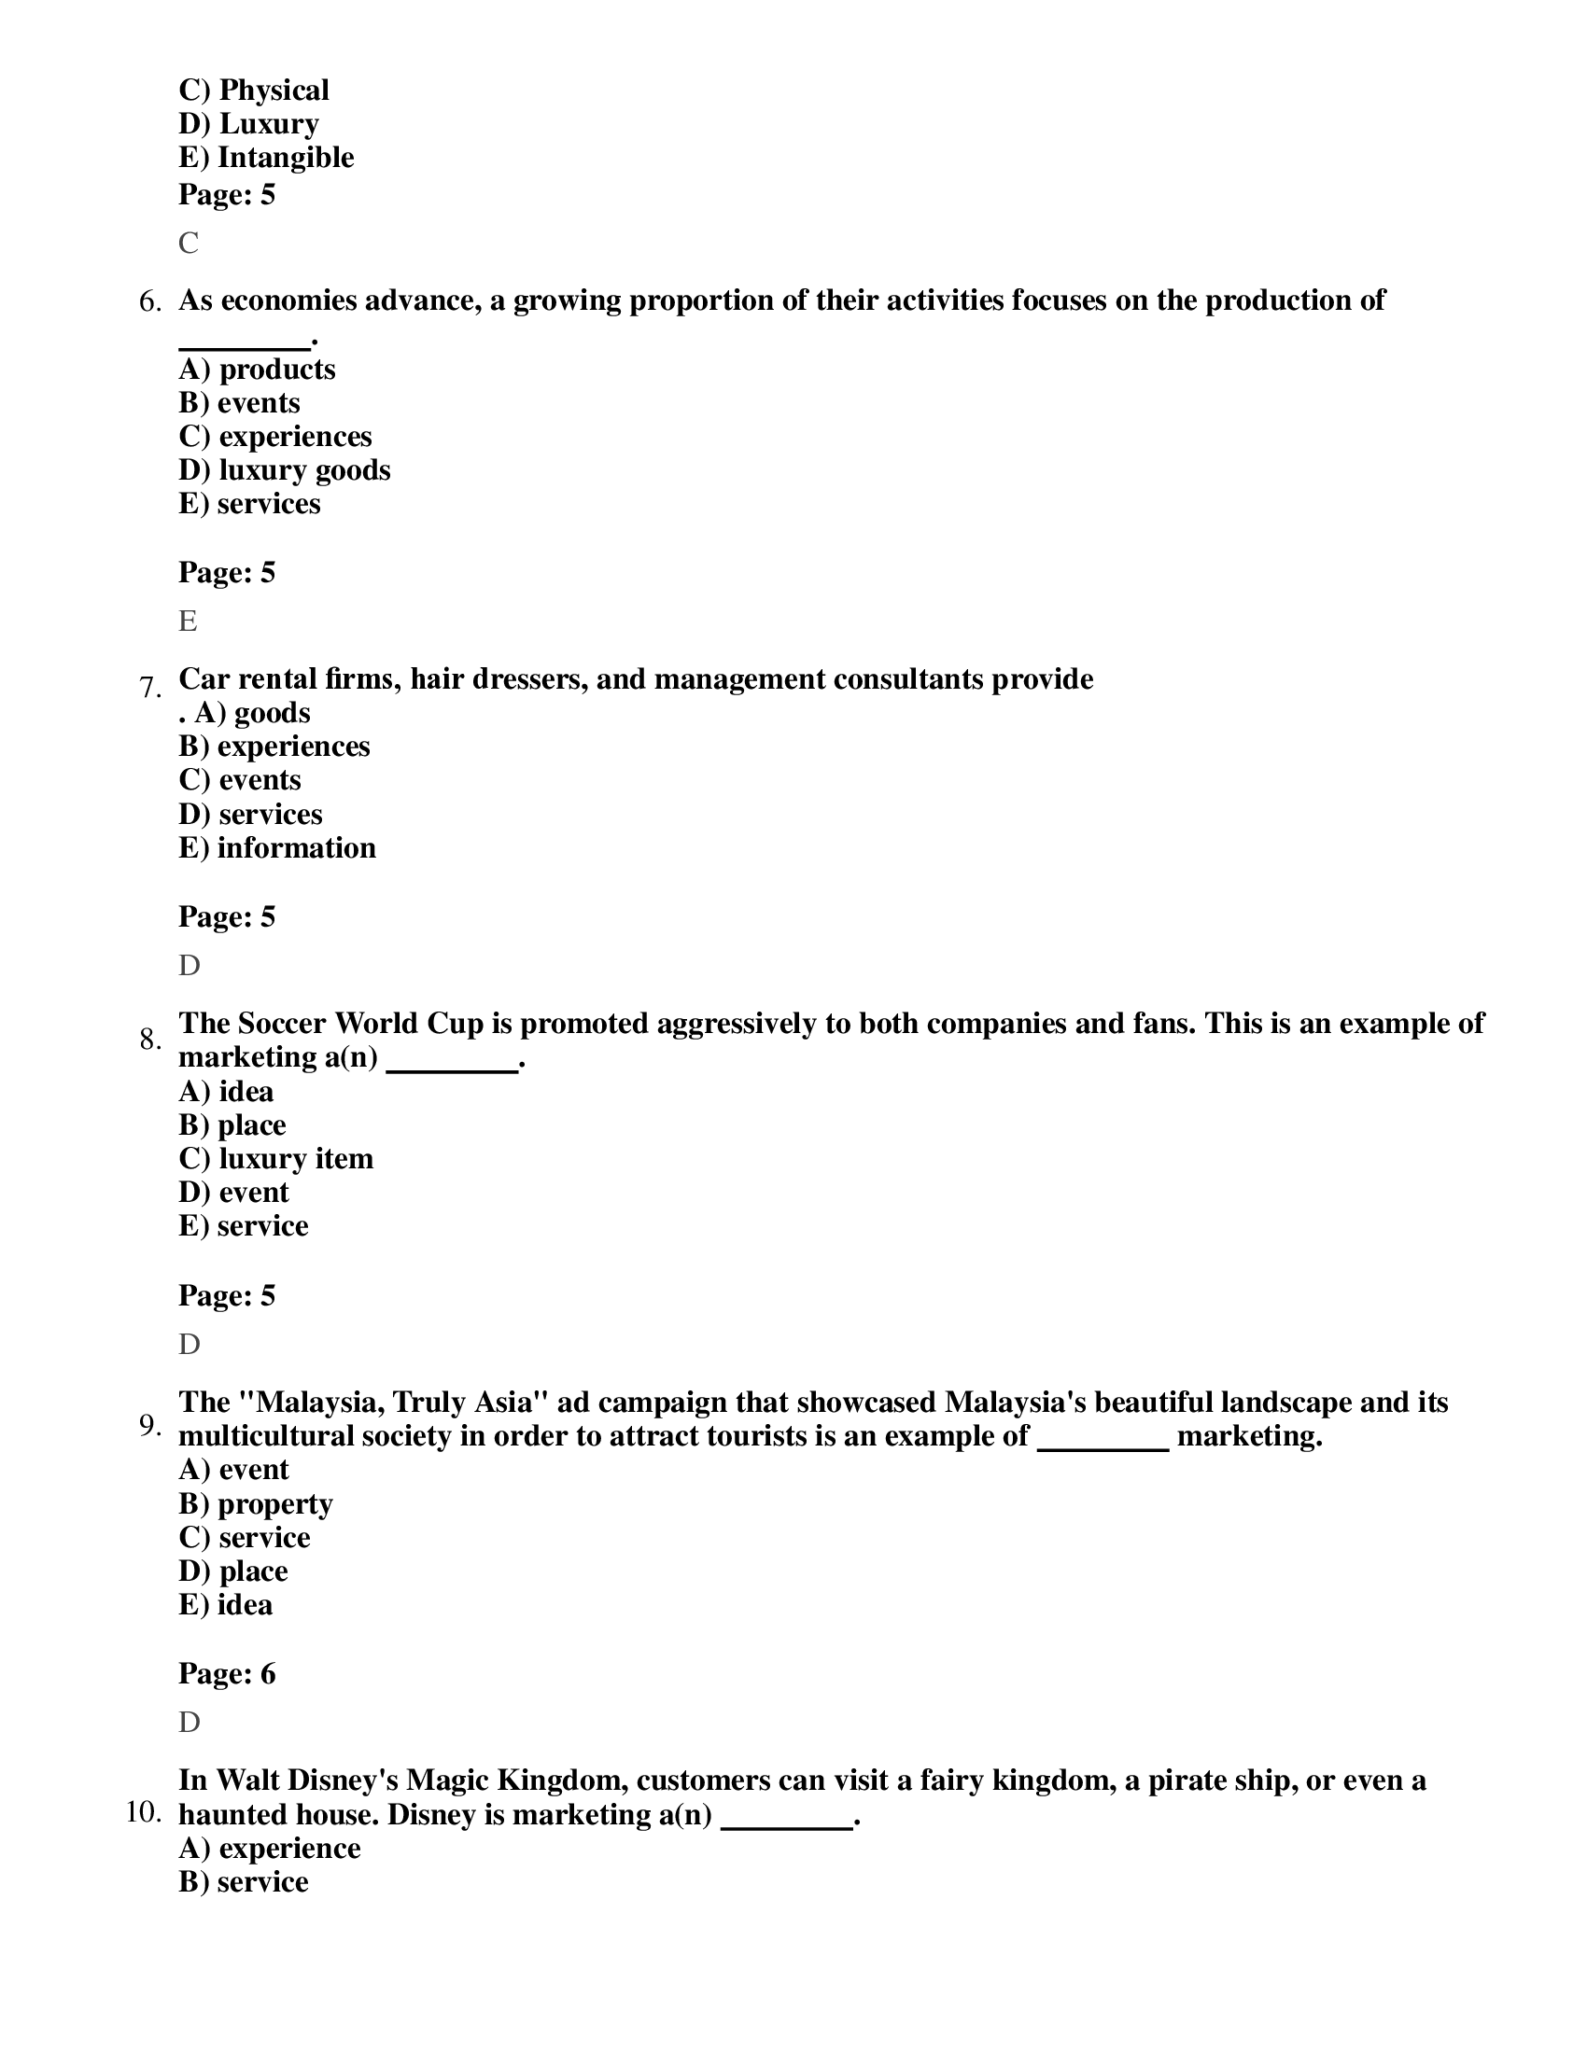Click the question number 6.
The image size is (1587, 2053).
coord(149,301)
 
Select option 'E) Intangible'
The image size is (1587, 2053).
coord(266,158)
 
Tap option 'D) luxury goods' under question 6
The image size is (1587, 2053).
coord(284,470)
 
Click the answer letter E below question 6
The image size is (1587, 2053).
coord(188,621)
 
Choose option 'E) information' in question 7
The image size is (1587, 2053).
coord(276,848)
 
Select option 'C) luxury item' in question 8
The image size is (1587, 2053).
coord(275,1159)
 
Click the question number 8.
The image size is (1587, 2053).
coord(149,1040)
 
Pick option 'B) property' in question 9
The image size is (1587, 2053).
coord(256,1504)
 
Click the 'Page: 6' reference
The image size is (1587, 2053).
coord(227,1674)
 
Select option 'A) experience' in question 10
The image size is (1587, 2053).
coord(269,1848)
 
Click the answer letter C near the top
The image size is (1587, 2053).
coord(188,244)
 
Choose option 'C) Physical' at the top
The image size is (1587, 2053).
coord(254,91)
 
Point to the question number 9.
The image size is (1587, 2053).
coord(149,1426)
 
